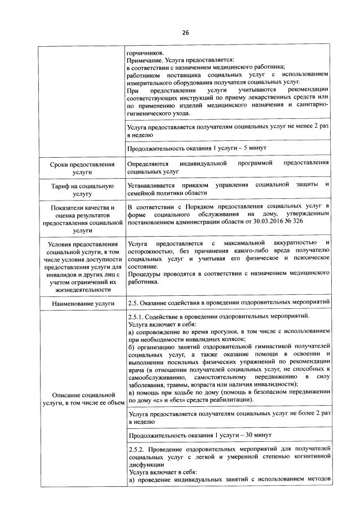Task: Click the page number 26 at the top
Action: [185, 32]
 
